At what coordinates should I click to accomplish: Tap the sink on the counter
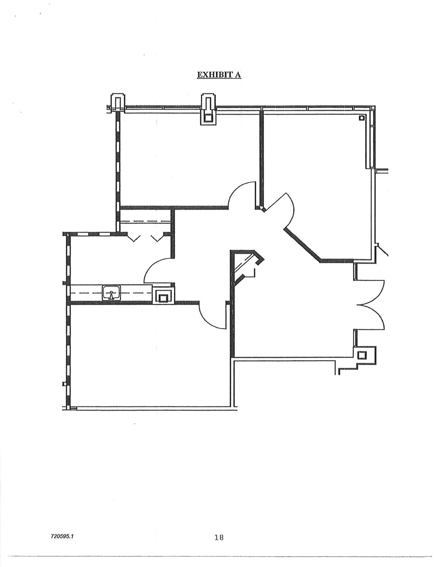click(112, 293)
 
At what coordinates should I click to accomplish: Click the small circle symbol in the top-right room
click(361, 118)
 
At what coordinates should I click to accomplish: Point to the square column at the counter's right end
click(164, 296)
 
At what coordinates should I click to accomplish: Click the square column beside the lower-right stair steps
click(362, 355)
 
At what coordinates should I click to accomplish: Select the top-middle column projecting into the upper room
click(208, 109)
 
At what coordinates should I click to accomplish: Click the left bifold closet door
click(134, 238)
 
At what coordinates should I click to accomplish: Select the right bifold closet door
click(157, 238)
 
